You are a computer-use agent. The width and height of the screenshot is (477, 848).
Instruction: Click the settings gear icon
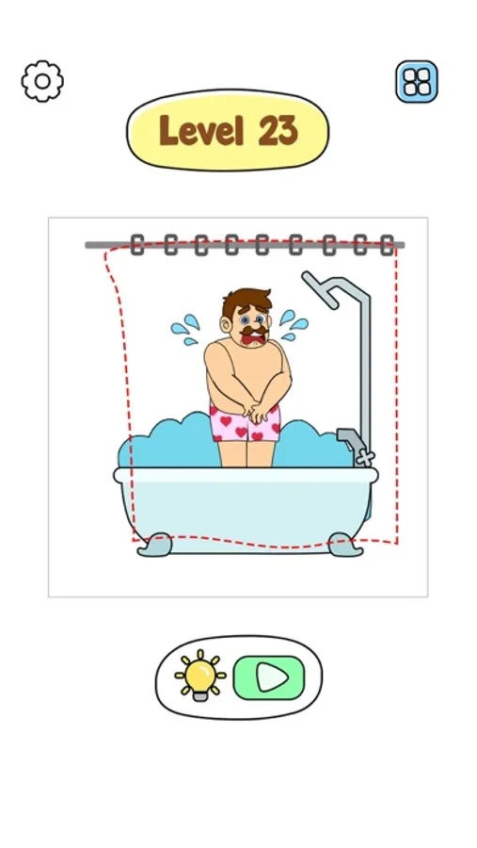(x=42, y=81)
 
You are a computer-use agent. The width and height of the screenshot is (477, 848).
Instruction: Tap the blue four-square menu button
(x=417, y=82)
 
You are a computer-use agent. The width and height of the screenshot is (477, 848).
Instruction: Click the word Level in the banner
(x=201, y=131)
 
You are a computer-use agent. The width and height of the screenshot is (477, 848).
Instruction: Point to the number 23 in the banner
(x=278, y=131)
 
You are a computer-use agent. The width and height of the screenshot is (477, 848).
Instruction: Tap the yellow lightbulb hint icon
(x=199, y=675)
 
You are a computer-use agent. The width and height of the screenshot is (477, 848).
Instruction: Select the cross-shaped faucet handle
(x=365, y=458)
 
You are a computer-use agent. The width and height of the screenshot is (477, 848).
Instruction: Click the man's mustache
(x=253, y=330)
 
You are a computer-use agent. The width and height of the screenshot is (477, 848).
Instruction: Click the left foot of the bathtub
(x=154, y=545)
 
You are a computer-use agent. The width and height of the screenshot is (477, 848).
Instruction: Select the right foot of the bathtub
(x=345, y=545)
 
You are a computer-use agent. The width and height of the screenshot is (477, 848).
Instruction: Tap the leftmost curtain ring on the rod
(x=137, y=245)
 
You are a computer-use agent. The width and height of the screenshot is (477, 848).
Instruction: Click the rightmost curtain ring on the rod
(x=387, y=245)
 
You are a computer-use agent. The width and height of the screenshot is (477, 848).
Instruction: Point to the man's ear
(x=225, y=326)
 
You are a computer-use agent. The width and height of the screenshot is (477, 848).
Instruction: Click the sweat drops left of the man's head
(x=185, y=330)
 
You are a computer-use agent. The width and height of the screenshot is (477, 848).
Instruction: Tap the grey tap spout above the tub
(x=348, y=439)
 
